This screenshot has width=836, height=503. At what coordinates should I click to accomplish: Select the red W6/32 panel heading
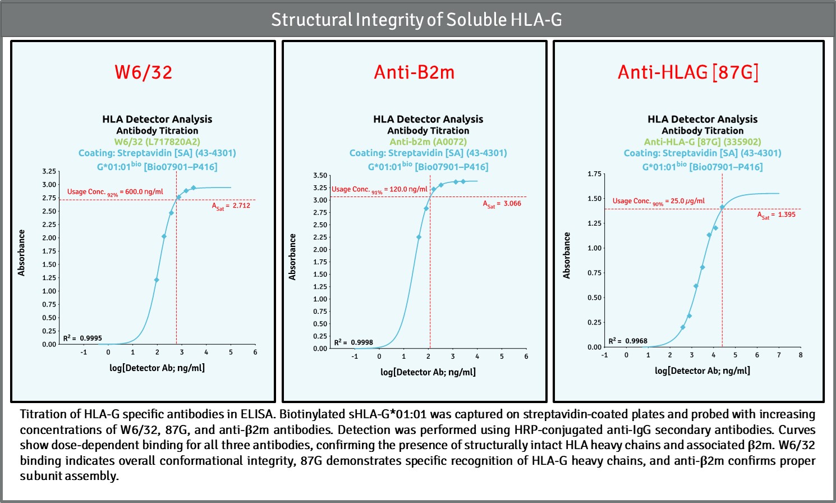click(143, 72)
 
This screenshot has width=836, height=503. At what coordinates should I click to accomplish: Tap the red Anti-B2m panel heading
click(414, 72)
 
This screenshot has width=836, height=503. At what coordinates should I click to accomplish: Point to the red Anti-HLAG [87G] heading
click(688, 72)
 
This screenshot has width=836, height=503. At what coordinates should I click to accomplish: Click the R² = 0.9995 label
click(82, 338)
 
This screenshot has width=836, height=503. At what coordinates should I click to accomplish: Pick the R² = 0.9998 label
click(353, 342)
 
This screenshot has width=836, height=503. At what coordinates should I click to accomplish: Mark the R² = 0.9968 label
click(628, 341)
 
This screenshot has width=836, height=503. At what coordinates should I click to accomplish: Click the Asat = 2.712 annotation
click(231, 206)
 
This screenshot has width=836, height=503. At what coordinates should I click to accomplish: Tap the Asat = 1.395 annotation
click(776, 215)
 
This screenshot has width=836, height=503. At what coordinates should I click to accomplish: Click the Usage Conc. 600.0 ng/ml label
click(115, 192)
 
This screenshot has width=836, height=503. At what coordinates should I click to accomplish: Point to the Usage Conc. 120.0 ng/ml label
click(379, 190)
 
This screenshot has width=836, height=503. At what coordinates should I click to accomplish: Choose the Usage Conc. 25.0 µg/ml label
click(658, 201)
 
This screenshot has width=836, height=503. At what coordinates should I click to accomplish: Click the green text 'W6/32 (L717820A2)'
click(157, 141)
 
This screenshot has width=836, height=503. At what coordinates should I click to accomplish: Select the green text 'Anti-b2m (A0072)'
click(428, 141)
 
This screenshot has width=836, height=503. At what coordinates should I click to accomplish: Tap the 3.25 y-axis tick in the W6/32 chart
click(49, 171)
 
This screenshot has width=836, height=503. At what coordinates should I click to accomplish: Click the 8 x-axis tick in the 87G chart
click(801, 355)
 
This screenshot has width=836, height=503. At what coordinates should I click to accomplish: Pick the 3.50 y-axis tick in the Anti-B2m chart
click(320, 176)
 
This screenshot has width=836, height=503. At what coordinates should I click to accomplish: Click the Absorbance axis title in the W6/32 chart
click(21, 253)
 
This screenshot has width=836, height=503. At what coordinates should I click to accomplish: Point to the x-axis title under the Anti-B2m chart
click(428, 372)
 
